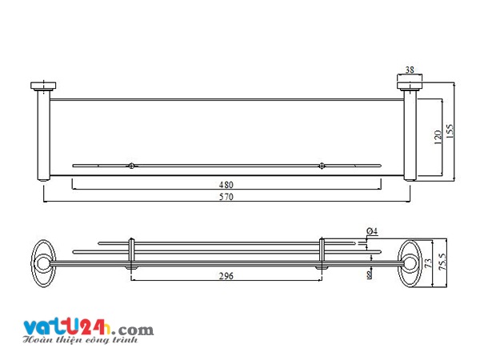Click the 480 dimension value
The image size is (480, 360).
226,185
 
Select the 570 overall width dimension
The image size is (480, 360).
226,197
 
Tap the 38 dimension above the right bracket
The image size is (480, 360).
410,70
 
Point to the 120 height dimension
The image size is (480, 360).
438,138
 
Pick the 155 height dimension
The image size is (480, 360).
450,131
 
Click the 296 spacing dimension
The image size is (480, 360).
226,276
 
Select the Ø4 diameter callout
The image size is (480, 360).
372,231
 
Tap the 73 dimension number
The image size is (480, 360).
428,263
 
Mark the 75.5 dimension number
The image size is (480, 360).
442,262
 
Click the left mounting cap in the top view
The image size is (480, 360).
43,86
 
